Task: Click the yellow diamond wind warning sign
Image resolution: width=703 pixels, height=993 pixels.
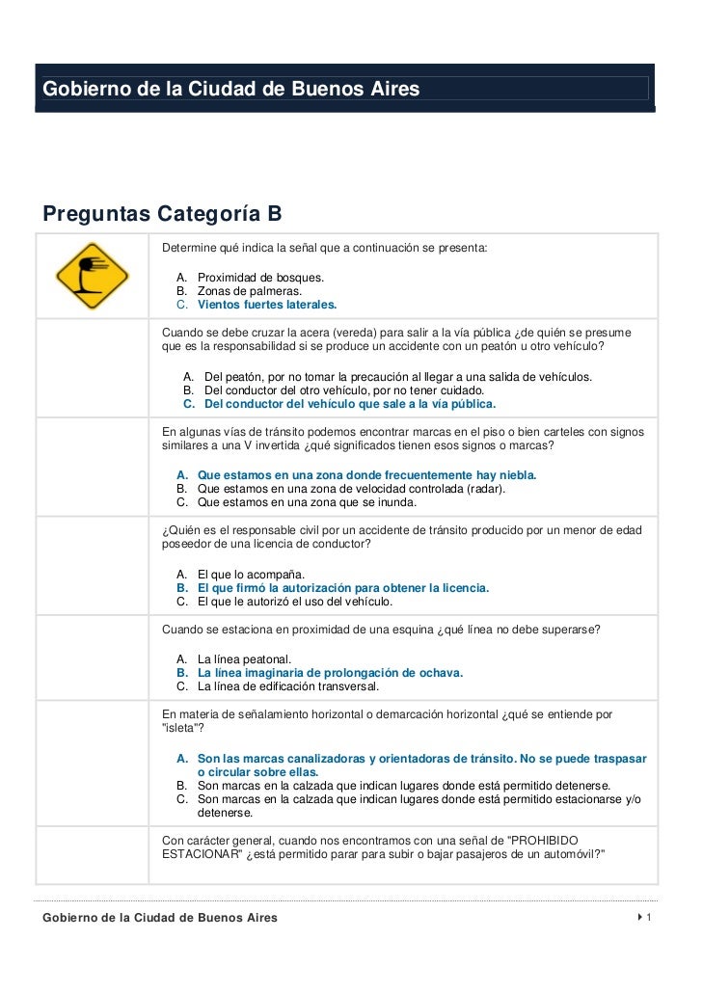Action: tap(92, 276)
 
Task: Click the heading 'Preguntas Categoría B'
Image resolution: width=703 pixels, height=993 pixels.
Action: tap(160, 213)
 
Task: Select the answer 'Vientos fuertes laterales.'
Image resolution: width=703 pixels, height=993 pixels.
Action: tap(267, 305)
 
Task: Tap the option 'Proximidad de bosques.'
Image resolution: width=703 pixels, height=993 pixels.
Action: tap(260, 278)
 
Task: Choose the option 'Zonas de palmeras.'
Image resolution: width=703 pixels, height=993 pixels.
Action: tap(249, 291)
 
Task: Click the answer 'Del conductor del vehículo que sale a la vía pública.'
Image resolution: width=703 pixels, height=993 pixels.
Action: tap(350, 404)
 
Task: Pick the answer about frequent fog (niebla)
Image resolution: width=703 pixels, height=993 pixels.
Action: tap(366, 475)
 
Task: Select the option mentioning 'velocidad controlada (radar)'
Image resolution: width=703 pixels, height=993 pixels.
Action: tap(351, 489)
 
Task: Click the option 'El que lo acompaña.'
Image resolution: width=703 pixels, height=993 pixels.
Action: tap(251, 575)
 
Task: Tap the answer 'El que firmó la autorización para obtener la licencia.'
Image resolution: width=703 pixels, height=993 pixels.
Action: tap(342, 588)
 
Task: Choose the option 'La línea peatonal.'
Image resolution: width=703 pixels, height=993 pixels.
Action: tap(244, 659)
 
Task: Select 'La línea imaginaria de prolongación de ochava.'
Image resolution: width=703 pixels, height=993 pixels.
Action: tap(330, 673)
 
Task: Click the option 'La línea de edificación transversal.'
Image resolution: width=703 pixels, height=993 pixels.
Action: tap(288, 686)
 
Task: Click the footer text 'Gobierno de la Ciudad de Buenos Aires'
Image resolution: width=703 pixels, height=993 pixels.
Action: tap(160, 918)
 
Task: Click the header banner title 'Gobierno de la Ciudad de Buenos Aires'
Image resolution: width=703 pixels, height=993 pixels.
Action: tap(231, 90)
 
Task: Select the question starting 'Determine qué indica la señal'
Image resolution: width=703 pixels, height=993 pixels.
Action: tap(325, 249)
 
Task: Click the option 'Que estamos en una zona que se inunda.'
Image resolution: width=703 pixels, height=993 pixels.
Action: tap(307, 502)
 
